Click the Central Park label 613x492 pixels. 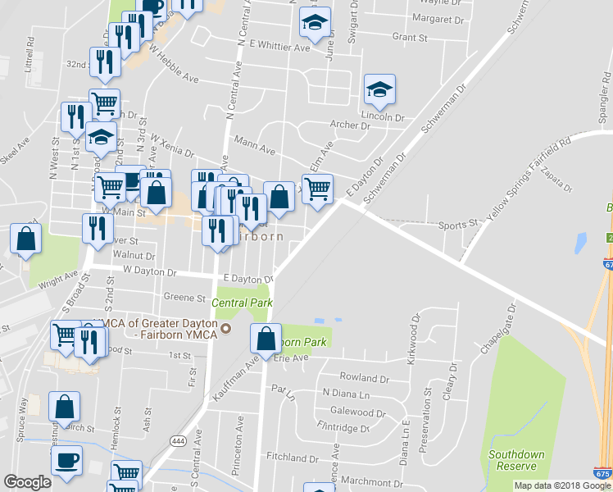[x=242, y=303]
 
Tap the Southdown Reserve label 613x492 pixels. [x=516, y=459]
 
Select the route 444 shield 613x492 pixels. [x=177, y=440]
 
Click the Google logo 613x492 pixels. [x=27, y=481]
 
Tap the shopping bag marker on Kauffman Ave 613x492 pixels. [x=267, y=337]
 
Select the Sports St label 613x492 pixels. [x=457, y=224]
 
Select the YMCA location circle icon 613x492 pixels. [x=229, y=330]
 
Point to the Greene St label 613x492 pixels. [x=184, y=298]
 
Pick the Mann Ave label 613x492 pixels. [x=255, y=150]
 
